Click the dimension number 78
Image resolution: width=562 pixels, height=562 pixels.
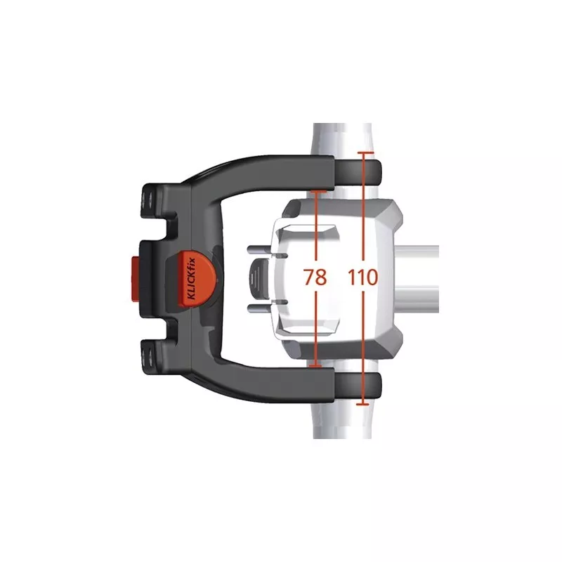pos(315,277)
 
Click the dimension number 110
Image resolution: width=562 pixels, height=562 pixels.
pos(363,277)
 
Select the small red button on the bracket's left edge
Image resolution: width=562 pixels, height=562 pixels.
pos(136,278)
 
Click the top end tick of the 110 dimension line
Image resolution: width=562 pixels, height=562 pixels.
pos(365,152)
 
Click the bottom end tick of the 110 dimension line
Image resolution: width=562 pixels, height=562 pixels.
pos(363,404)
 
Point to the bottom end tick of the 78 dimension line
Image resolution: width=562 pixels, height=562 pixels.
pos(315,366)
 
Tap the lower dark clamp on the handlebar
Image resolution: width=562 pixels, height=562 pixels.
pos(358,385)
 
